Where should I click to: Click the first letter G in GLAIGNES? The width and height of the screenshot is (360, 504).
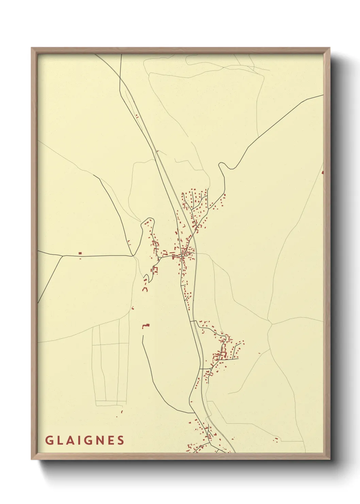pyautogui.click(x=49, y=440)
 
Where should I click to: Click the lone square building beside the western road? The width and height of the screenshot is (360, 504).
pyautogui.click(x=80, y=253)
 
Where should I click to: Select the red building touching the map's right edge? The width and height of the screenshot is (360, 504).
pyautogui.click(x=322, y=172)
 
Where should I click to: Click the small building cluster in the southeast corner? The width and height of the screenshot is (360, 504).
pyautogui.click(x=276, y=439)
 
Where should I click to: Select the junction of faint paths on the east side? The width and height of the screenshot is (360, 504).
pyautogui.click(x=271, y=325)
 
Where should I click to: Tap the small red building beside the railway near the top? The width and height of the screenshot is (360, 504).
pyautogui.click(x=137, y=116)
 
